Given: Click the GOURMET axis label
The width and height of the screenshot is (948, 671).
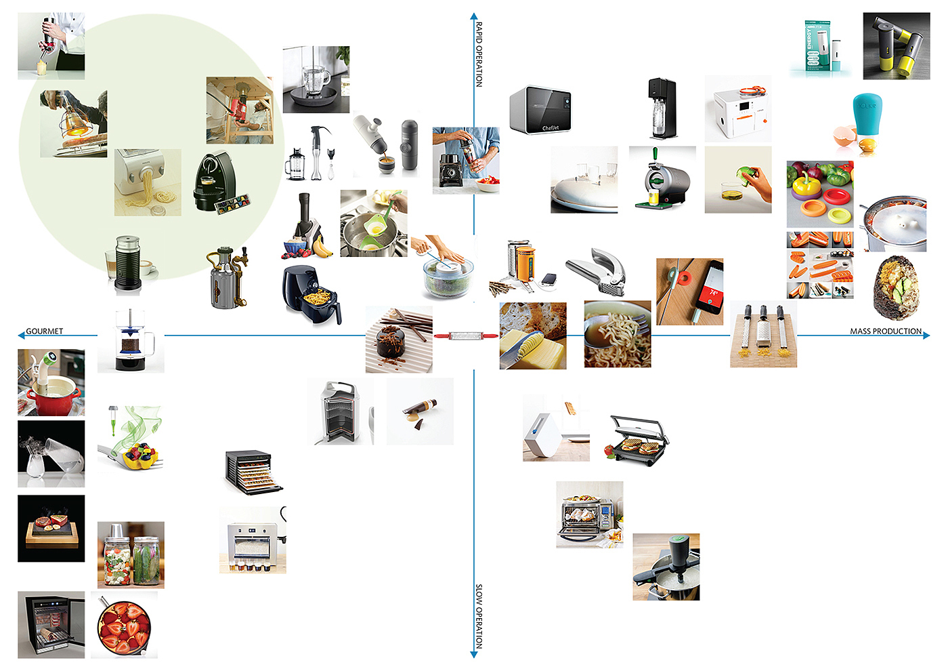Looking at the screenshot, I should click(44, 331).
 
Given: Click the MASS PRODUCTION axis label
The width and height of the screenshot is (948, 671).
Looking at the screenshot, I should click(886, 331).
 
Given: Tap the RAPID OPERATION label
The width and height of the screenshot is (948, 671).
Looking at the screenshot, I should click(479, 54).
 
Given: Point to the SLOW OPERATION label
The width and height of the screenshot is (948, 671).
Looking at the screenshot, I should click(479, 616).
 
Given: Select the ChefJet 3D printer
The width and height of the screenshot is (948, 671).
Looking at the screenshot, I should click(541, 109).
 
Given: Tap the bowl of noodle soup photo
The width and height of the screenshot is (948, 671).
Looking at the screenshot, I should click(618, 335).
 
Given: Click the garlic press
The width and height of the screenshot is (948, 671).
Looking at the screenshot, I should click(598, 272).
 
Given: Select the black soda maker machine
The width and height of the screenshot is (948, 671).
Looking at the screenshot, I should click(662, 108).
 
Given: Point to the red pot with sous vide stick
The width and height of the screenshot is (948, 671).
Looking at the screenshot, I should click(51, 383).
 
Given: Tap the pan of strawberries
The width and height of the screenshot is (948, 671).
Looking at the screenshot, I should click(124, 625).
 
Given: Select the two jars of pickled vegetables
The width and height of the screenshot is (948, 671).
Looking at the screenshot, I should click(131, 555).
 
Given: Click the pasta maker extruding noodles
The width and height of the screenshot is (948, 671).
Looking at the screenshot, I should click(148, 182).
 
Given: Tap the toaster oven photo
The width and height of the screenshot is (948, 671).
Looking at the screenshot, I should click(589, 515).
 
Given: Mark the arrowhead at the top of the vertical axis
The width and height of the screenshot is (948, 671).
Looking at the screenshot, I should click(474, 16).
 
